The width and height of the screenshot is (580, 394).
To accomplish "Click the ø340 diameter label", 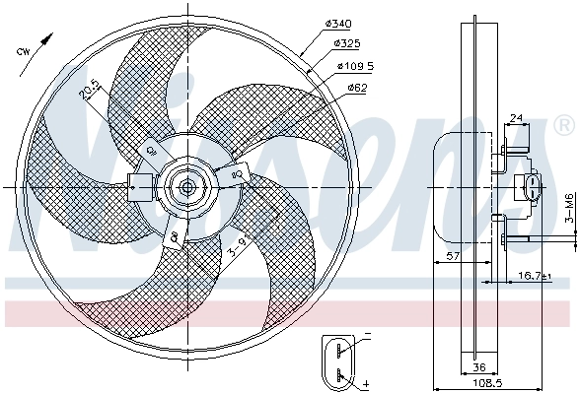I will pyautogui.click(x=338, y=23).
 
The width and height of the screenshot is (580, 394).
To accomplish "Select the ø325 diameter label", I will pyautogui.click(x=347, y=44).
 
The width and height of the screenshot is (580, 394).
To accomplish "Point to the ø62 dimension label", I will pyautogui.click(x=357, y=88).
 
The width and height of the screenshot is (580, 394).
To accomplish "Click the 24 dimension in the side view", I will pyautogui.click(x=515, y=119).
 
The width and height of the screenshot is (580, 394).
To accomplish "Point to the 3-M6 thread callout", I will pyautogui.click(x=569, y=209).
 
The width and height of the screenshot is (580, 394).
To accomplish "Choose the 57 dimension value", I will pyautogui.click(x=450, y=256).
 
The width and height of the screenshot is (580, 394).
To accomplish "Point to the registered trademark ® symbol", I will pyautogui.click(x=563, y=125).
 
